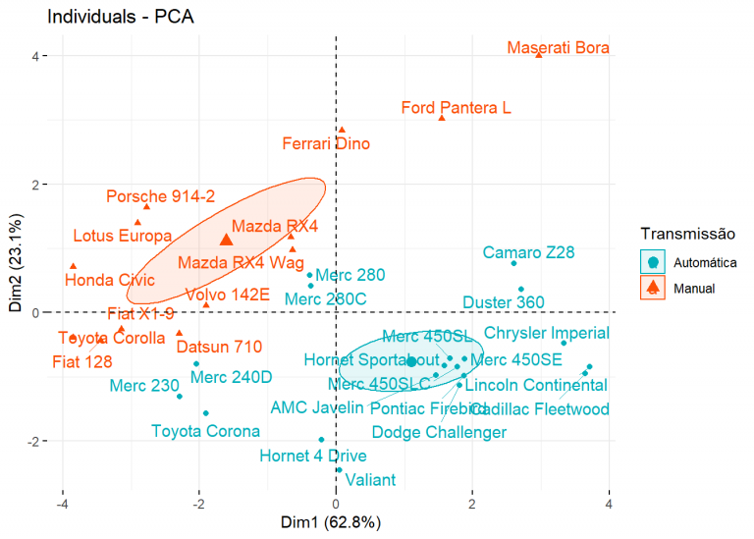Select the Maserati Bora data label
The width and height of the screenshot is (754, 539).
click(559, 48)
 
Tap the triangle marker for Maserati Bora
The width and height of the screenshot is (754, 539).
click(539, 54)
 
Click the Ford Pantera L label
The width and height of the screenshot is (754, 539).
click(456, 108)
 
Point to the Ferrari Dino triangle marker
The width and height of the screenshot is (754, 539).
click(342, 130)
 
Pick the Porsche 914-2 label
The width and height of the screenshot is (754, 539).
click(160, 196)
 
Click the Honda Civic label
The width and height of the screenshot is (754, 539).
click(110, 281)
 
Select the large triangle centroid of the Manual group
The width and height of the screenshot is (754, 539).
click(226, 240)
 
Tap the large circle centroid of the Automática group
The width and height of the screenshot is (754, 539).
click(411, 361)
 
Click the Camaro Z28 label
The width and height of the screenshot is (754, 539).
click(528, 253)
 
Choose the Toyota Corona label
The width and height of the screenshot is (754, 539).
click(205, 431)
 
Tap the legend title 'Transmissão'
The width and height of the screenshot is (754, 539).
click(687, 234)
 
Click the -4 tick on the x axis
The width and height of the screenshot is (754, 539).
click(63, 504)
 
